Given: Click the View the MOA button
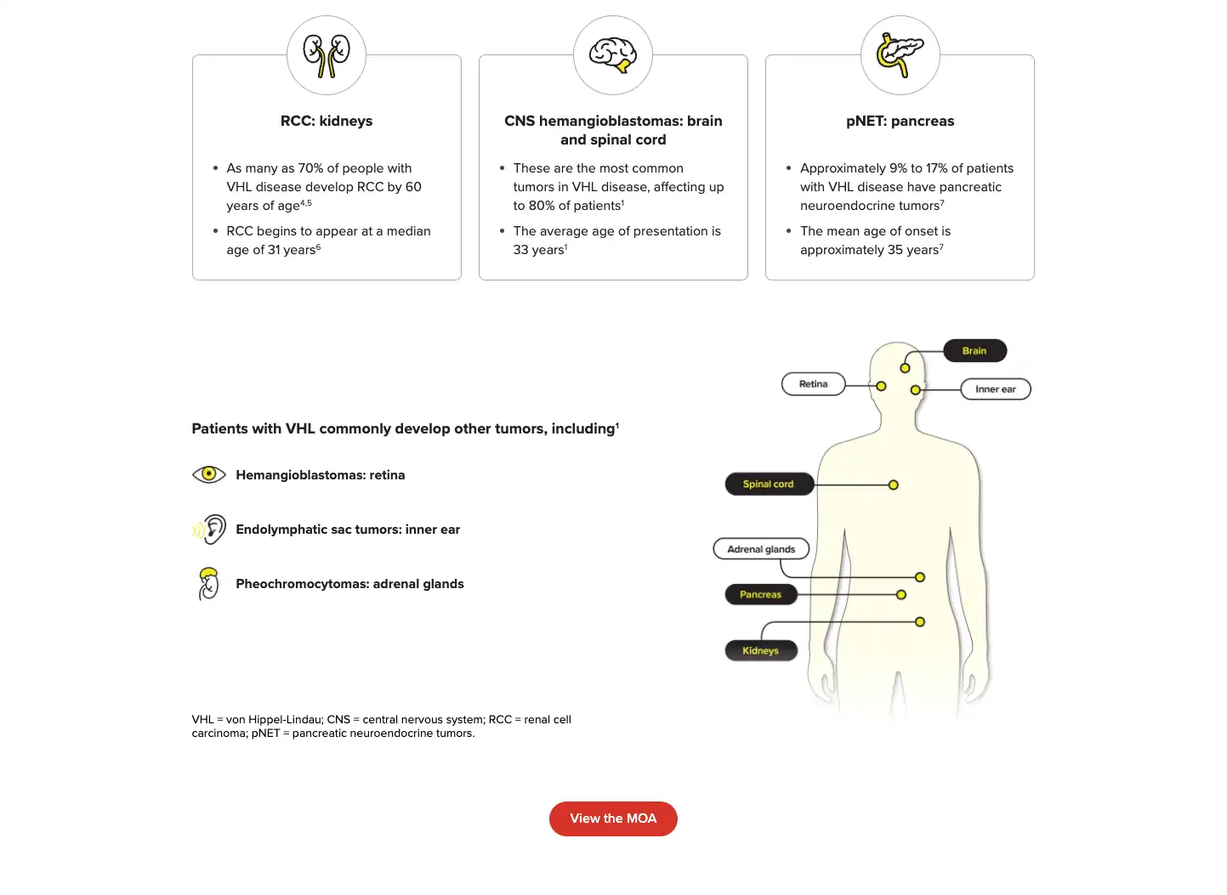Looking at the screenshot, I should point(613,819).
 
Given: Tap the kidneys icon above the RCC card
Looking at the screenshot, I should point(327,55).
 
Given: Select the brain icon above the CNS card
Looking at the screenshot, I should point(613,55).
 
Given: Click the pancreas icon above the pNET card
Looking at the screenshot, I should point(900,55).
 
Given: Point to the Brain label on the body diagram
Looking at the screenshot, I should point(974,351).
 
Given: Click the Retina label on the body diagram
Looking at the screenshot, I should point(813,384).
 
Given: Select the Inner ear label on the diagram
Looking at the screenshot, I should point(995,389).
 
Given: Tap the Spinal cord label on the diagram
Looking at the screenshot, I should point(769,484).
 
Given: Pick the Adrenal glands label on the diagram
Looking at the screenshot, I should point(761,549).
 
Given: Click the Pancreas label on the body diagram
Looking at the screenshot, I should point(760,595).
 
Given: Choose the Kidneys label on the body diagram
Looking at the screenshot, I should point(760,651).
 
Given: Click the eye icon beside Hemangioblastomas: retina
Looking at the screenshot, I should point(208,474).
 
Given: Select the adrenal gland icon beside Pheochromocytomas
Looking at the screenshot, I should point(208,584).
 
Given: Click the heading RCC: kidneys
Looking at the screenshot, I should point(327,121).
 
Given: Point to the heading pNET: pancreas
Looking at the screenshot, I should point(900,121).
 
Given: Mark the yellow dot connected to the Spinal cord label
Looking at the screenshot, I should point(894,485).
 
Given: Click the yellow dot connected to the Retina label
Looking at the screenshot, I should point(881,386).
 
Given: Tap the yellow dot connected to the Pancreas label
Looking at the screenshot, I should point(901,595).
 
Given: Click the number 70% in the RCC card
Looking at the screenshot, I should point(311,168).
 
